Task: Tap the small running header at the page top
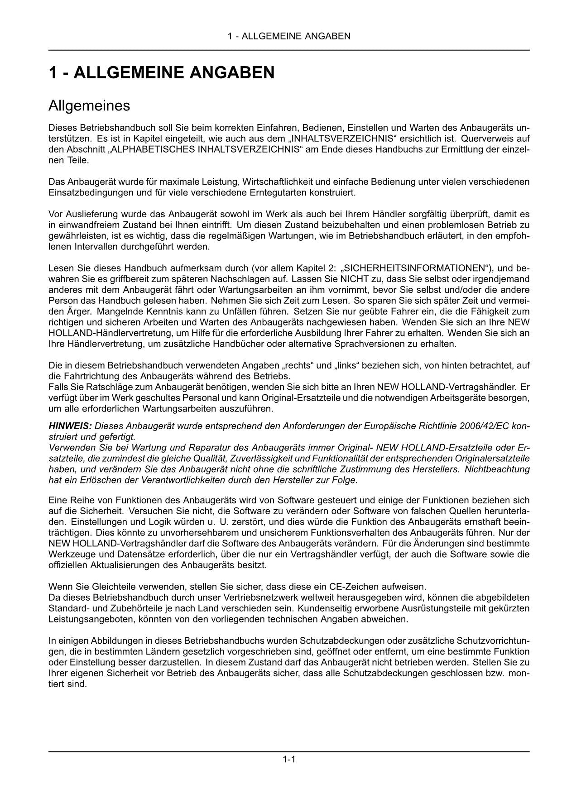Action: tap(289, 36)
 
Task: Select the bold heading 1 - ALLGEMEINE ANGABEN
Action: tap(161, 73)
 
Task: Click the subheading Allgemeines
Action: tap(89, 106)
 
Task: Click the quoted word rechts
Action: tap(298, 365)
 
